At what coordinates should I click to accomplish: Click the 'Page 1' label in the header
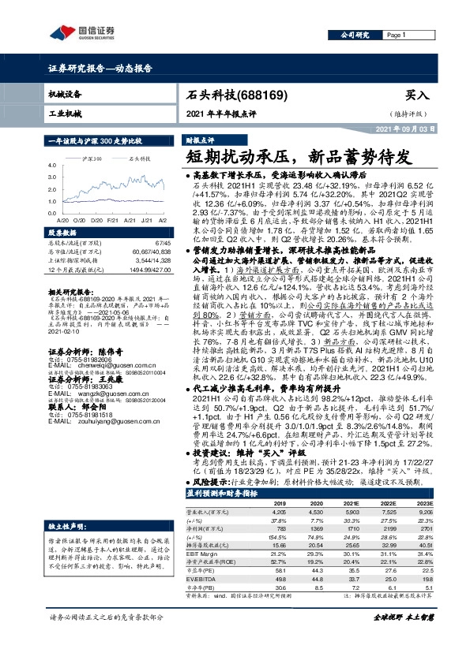[397, 35]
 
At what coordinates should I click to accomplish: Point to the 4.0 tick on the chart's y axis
[51, 166]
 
